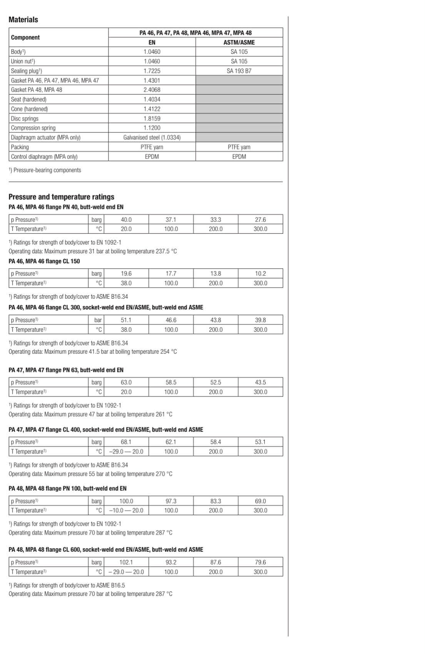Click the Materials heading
click(23, 20)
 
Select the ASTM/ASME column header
click(239, 42)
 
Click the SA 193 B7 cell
click(239, 71)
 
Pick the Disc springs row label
click(25, 119)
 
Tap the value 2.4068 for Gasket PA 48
click(152, 90)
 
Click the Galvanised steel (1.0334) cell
click(152, 137)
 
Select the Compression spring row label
click(33, 128)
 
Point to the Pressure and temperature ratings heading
click(62, 197)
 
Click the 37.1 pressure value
click(171, 219)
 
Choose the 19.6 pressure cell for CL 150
click(126, 273)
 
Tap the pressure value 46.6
click(171, 320)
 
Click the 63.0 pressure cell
click(126, 382)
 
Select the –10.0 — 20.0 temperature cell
click(126, 510)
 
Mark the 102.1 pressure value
click(126, 562)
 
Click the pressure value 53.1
click(260, 442)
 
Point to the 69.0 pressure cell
click(260, 501)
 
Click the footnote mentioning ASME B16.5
click(67, 585)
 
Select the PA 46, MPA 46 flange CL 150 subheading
click(44, 261)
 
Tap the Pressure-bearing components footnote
click(45, 170)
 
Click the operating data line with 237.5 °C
click(93, 251)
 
